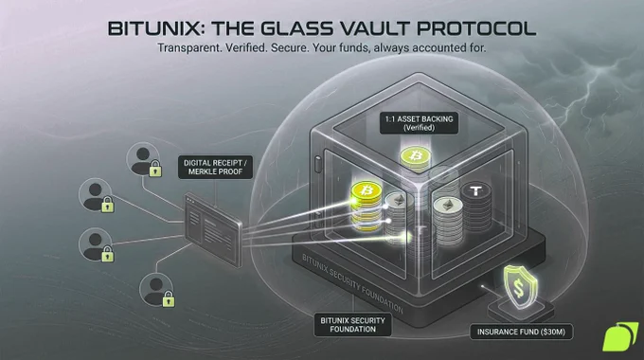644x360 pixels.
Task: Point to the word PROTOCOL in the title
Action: (x=476, y=28)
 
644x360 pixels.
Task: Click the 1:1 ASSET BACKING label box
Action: (x=419, y=123)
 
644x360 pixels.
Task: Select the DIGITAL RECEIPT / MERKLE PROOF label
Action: (x=215, y=168)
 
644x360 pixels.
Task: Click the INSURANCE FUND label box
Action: (x=521, y=332)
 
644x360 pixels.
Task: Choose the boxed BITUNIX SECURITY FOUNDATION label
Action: (x=353, y=325)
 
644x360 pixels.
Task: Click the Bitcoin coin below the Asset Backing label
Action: (x=416, y=156)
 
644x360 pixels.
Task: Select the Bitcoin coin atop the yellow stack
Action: (x=367, y=191)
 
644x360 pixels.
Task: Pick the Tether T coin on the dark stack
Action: (x=475, y=191)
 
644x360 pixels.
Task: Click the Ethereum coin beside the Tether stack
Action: (x=448, y=206)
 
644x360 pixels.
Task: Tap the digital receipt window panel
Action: (x=213, y=229)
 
